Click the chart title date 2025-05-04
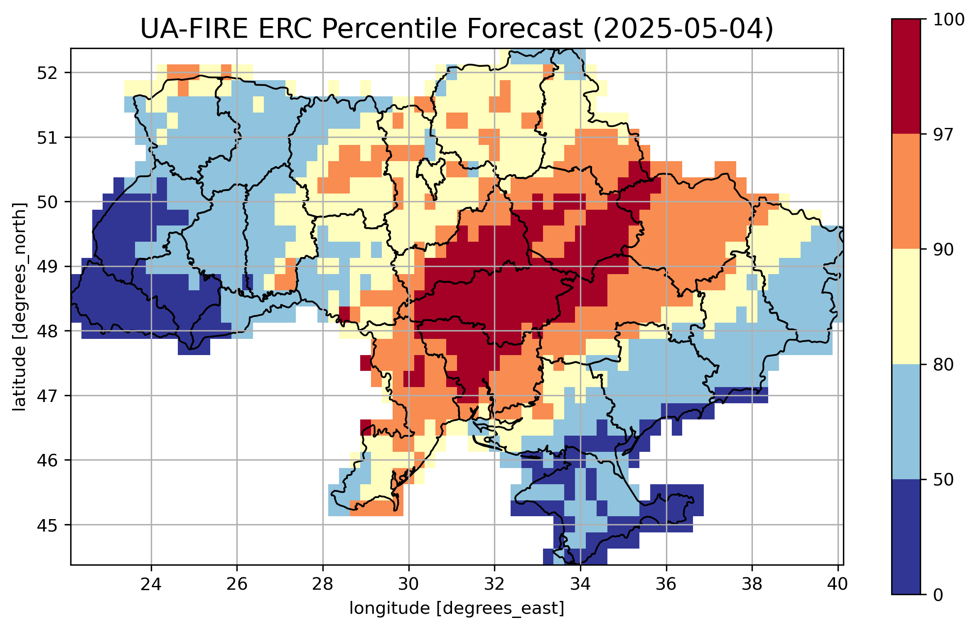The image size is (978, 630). point(683,29)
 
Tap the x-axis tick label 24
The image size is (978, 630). point(151,584)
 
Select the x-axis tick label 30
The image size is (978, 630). point(408,584)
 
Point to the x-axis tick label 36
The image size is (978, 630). point(666,584)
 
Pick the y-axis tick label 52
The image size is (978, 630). point(47,73)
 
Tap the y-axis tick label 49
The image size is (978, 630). point(47,267)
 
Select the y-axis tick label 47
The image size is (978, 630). point(47,396)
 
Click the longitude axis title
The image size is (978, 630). point(457,608)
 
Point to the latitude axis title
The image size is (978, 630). point(19,307)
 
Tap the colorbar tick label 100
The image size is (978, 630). point(949,20)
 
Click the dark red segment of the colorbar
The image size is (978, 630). point(906,76)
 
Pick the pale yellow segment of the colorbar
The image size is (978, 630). point(906,306)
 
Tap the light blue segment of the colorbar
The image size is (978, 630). point(906,422)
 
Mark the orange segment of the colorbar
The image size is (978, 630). point(906,191)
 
